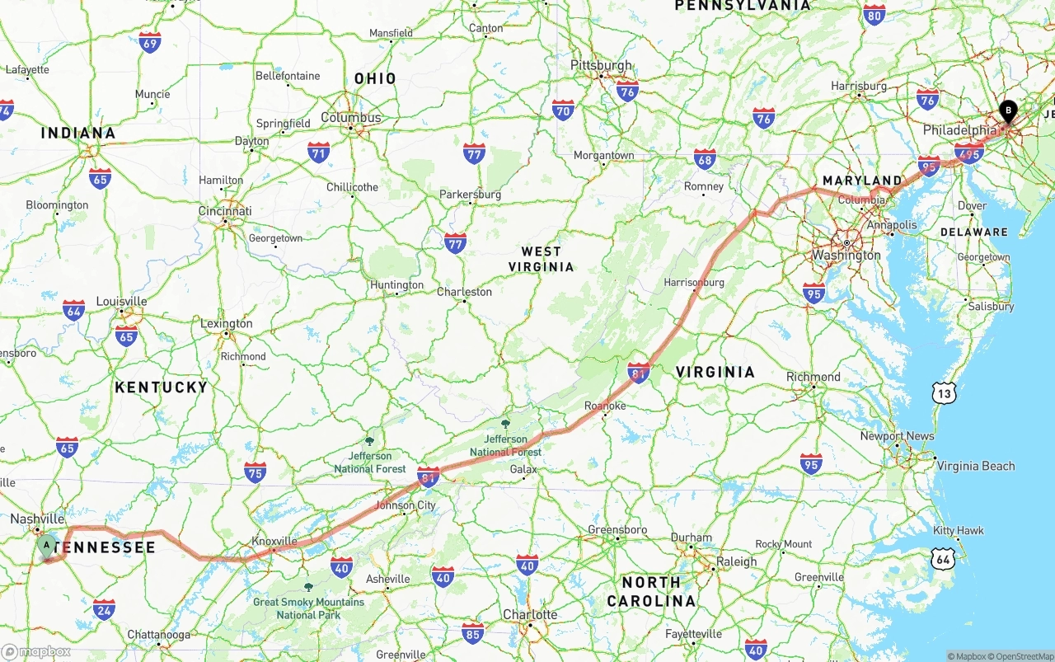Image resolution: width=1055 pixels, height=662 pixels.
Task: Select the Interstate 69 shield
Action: pyautogui.click(x=149, y=43)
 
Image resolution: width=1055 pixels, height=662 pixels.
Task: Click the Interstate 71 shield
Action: pyautogui.click(x=318, y=152)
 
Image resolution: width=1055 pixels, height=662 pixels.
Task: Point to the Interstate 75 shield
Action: pyautogui.click(x=255, y=472)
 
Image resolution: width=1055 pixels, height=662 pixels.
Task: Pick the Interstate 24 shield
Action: pyautogui.click(x=104, y=610)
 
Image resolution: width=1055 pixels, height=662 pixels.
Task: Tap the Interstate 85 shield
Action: pyautogui.click(x=472, y=633)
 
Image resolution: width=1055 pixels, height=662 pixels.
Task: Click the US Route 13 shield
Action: pyautogui.click(x=945, y=394)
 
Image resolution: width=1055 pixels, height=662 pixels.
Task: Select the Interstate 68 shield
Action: pyautogui.click(x=704, y=159)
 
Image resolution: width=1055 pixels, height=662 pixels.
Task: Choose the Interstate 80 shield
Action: pyautogui.click(x=874, y=14)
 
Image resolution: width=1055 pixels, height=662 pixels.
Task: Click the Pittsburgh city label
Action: pyautogui.click(x=601, y=65)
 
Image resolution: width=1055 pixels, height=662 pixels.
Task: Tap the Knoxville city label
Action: pyautogui.click(x=274, y=542)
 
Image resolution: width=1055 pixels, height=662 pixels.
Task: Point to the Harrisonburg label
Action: pyautogui.click(x=694, y=283)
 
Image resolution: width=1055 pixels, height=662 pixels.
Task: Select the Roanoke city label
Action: pyautogui.click(x=605, y=406)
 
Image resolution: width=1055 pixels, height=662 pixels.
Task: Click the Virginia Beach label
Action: pyautogui.click(x=976, y=466)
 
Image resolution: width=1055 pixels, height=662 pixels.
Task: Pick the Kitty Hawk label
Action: pyautogui.click(x=959, y=530)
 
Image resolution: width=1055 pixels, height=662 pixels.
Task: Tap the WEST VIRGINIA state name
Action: pyautogui.click(x=541, y=259)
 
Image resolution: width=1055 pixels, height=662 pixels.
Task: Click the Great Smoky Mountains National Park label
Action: pyautogui.click(x=308, y=608)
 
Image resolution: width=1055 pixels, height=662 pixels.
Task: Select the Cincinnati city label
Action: pyautogui.click(x=225, y=211)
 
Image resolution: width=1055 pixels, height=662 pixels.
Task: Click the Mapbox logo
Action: pyautogui.click(x=36, y=652)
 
